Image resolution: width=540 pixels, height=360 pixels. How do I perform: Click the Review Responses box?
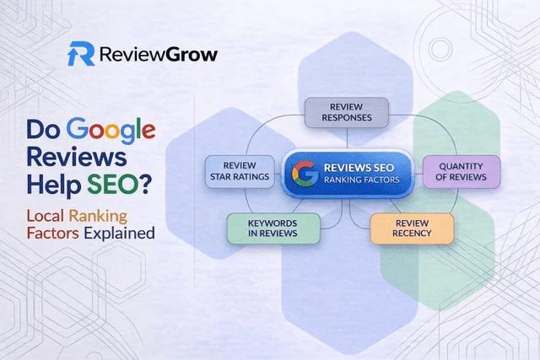[345, 111]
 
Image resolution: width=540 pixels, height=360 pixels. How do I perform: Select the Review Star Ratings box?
[240, 170]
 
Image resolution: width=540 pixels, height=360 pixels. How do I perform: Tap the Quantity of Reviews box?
[455, 170]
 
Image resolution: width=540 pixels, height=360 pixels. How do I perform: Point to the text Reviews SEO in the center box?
[359, 165]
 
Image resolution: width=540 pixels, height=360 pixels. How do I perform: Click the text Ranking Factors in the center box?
[359, 179]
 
